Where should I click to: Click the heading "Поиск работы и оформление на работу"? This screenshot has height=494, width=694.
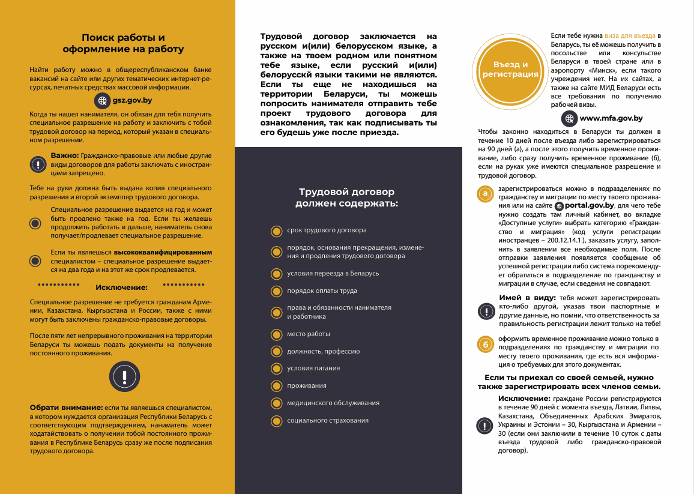pyautogui.click(x=123, y=43)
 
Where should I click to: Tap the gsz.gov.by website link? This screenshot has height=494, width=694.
pyautogui.click(x=132, y=101)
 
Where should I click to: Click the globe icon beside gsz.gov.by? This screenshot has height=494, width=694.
pyautogui.click(x=103, y=101)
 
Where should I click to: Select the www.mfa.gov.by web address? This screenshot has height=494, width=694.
pyautogui.click(x=611, y=118)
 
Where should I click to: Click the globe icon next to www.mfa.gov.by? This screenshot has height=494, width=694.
pyautogui.click(x=569, y=118)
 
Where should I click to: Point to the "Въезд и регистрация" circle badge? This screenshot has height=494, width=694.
pyautogui.click(x=510, y=70)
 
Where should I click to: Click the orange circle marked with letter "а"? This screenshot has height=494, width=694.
pyautogui.click(x=485, y=194)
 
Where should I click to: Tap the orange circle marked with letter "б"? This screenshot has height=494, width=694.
pyautogui.click(x=485, y=344)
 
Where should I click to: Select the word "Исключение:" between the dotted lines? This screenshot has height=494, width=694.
pyautogui.click(x=121, y=287)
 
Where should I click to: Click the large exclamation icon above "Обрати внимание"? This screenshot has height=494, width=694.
pyautogui.click(x=124, y=376)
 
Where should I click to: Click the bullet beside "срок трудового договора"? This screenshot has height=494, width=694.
pyautogui.click(x=276, y=230)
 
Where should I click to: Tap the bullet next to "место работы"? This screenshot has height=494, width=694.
pyautogui.click(x=276, y=334)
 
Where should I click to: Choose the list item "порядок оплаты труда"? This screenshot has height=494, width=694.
pyautogui.click(x=322, y=291)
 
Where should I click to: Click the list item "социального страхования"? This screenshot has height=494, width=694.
pyautogui.click(x=328, y=420)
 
